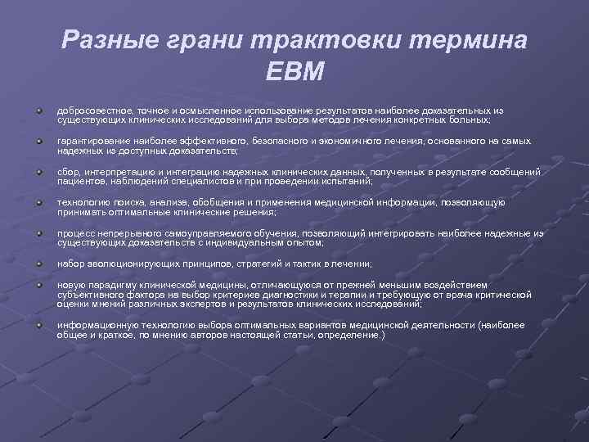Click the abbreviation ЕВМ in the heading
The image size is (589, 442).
coord(294,71)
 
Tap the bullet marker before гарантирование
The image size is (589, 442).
coord(39,141)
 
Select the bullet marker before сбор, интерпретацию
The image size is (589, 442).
coord(39,172)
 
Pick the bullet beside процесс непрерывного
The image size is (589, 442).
coord(39,233)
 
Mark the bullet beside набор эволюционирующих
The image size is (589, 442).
coord(39,264)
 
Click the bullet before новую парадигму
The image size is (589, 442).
coord(39,284)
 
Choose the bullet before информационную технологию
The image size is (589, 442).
coord(39,325)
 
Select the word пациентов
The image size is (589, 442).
coord(79,182)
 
